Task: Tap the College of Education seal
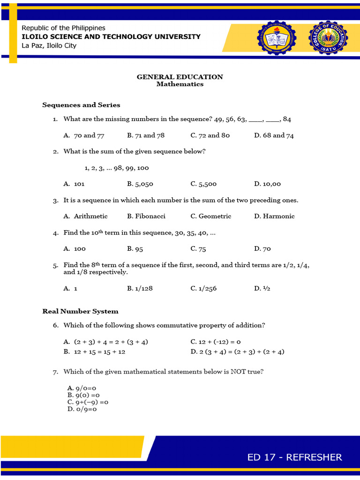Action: coord(328,38)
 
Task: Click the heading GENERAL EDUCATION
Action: coord(180,77)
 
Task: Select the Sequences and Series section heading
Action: coord(81,105)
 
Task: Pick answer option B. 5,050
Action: coord(140,184)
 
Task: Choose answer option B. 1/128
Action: coord(140,289)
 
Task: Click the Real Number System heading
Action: coord(80,311)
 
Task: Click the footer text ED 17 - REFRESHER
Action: coord(295,457)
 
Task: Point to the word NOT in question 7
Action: coord(237,372)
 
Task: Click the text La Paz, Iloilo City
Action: coord(49,45)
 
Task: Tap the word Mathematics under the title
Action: coord(180,84)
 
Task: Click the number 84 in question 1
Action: coord(287,120)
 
